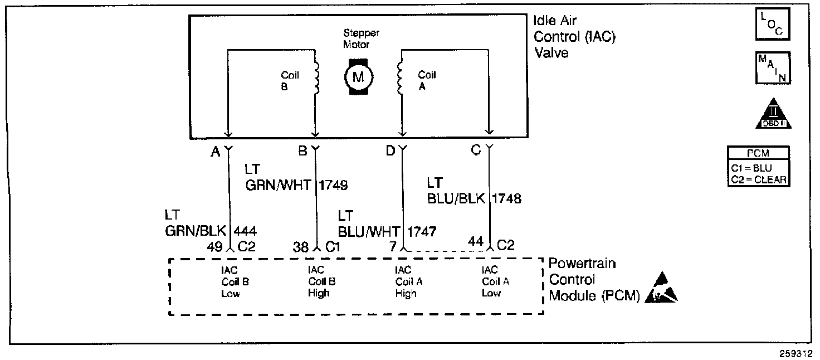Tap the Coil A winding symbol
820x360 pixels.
[x=399, y=78]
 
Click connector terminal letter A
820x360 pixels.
[x=215, y=152]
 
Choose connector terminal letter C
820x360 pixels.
[x=476, y=150]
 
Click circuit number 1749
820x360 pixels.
[x=333, y=185]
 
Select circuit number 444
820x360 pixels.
[x=246, y=230]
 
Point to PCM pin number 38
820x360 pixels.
[x=301, y=247]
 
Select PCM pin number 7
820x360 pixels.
[x=394, y=246]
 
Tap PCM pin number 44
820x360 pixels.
[x=475, y=241]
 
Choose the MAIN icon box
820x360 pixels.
[x=772, y=68]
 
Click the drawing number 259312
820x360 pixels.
[x=797, y=353]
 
